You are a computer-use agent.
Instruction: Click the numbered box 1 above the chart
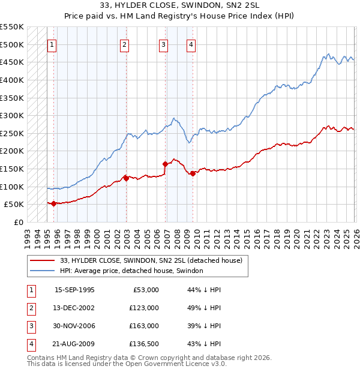click(x=52, y=44)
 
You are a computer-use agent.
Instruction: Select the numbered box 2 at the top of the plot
click(x=124, y=44)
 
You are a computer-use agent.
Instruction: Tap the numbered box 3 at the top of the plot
click(x=163, y=44)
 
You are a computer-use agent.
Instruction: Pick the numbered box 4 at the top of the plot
click(x=190, y=44)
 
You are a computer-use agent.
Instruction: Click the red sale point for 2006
click(x=166, y=163)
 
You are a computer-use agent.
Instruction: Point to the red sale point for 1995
click(x=54, y=203)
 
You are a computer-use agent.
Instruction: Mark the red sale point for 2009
click(x=193, y=173)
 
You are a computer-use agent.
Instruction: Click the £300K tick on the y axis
click(x=12, y=115)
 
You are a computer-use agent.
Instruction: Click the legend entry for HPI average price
click(x=131, y=271)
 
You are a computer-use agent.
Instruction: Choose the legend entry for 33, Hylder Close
click(x=151, y=260)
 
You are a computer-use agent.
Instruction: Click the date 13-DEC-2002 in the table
click(x=74, y=308)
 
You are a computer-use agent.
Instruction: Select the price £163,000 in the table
click(x=144, y=326)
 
